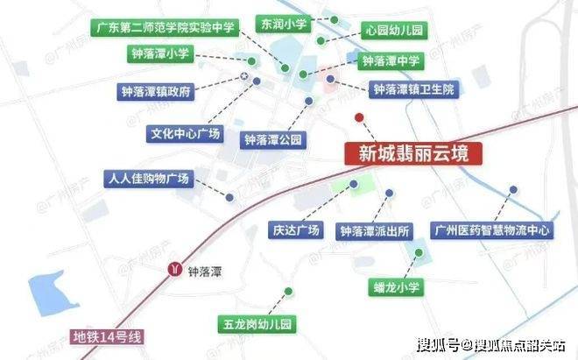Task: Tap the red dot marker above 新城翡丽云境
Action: (358, 117)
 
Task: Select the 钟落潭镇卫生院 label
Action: (413, 89)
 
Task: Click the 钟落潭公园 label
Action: (272, 138)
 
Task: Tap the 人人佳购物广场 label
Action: (146, 178)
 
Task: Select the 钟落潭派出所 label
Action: (375, 230)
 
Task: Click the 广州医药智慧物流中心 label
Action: (493, 230)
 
